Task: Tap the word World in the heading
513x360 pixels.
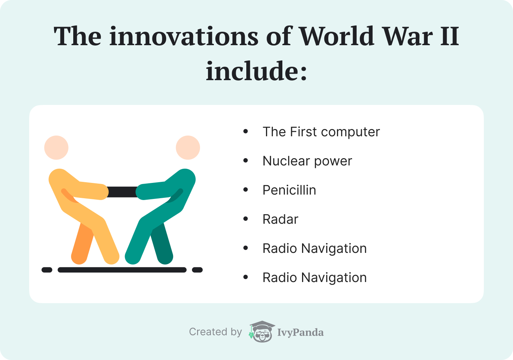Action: tap(337, 36)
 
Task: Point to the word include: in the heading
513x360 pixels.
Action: tap(256, 71)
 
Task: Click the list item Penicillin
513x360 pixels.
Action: tap(289, 190)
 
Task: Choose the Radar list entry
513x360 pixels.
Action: tap(280, 219)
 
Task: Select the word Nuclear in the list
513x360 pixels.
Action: tap(286, 161)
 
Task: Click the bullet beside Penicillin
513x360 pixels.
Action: tap(246, 190)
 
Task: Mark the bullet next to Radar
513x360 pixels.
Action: tap(246, 219)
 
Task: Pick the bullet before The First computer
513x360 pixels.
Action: tap(246, 132)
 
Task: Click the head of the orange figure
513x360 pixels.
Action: tap(56, 148)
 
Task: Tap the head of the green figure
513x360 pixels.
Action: tap(188, 148)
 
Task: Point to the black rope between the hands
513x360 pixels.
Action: tap(122, 192)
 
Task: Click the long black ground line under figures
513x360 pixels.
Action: tap(122, 270)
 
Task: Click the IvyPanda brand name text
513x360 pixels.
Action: tap(300, 332)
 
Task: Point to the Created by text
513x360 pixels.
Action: tap(215, 332)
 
